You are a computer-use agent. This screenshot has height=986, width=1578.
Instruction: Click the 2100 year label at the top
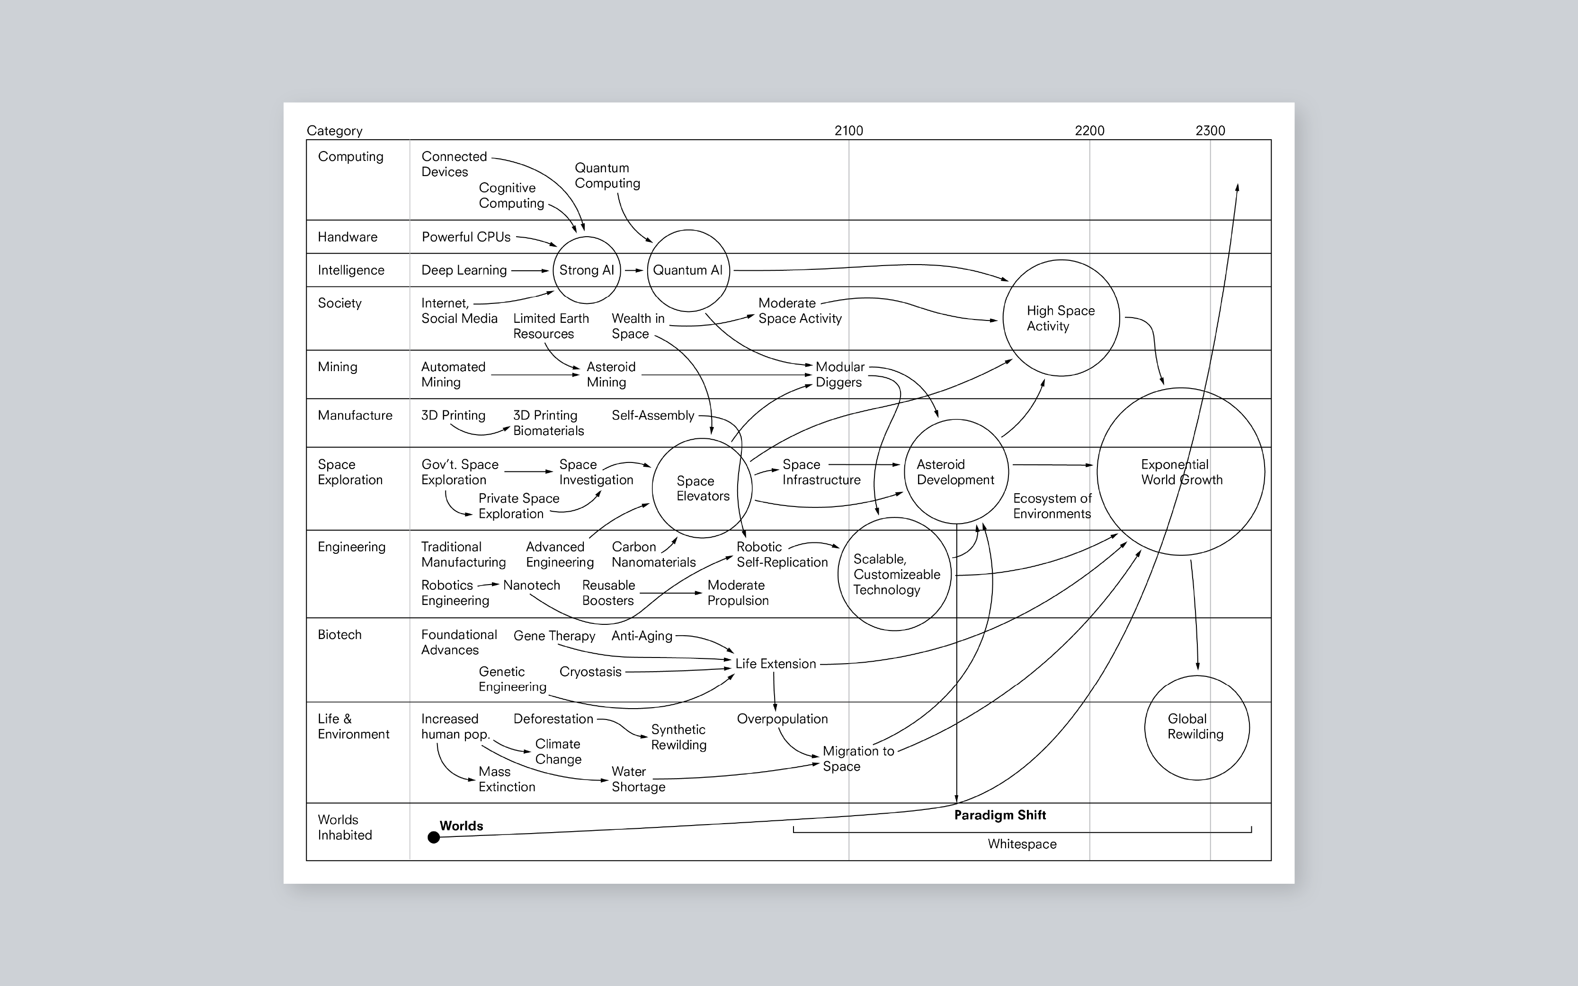848,131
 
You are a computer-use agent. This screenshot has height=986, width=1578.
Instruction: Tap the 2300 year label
1210,131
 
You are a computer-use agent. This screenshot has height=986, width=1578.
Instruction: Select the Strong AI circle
586,270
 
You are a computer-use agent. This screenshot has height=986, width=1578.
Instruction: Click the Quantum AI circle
688,270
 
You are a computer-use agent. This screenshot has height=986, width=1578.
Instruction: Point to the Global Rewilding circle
1196,727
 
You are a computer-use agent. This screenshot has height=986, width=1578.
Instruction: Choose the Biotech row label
339,634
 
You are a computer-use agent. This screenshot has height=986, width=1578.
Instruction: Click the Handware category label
347,237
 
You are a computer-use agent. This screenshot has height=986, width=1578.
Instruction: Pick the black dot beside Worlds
434,837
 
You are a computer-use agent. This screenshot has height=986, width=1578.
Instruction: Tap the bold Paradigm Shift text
999,815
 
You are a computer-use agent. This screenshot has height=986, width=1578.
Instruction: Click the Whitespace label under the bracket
1022,844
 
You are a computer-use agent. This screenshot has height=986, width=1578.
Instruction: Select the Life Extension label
776,664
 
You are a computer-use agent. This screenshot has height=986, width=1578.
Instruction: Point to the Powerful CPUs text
465,237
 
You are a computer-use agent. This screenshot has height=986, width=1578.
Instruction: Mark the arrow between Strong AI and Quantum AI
634,270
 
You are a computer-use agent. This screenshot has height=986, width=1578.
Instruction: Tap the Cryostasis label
590,672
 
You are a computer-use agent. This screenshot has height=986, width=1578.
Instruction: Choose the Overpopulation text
782,719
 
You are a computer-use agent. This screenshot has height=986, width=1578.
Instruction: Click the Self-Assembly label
653,416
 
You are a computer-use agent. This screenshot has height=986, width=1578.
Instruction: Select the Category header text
335,131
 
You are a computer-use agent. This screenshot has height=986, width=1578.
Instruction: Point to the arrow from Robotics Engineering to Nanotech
489,585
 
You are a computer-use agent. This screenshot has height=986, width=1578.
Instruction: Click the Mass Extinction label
507,779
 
